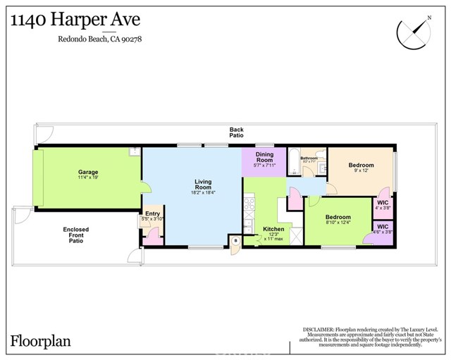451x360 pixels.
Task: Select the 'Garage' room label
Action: pos(88,172)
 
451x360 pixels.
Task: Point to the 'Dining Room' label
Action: pos(264,157)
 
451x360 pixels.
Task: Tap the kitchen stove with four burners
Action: pos(249,205)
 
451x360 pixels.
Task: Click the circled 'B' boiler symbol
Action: pos(235,240)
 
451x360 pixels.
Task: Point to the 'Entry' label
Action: pos(152,213)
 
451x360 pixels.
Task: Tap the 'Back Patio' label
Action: pos(237,132)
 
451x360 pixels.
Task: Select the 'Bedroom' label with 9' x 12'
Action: pos(361,166)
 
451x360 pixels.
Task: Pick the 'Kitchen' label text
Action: pos(273,229)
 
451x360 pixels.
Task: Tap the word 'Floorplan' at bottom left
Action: pos(40,341)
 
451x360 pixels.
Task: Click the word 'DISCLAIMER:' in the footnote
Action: pos(318,329)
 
